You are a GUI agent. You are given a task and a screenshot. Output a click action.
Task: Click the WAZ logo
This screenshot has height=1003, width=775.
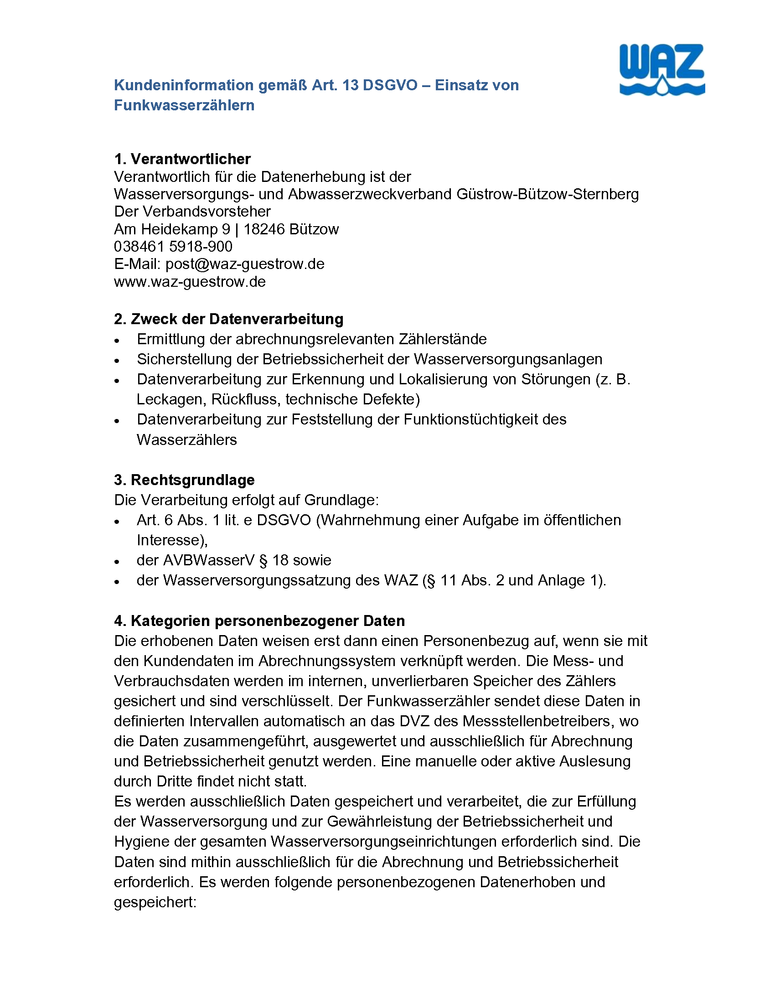[x=661, y=70]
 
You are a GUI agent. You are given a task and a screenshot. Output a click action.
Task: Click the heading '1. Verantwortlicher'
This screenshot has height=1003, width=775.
[x=182, y=159]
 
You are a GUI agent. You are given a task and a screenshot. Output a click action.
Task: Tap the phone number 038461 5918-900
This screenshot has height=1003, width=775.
[x=173, y=247]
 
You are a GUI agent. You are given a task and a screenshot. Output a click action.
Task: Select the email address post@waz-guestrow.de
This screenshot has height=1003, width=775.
[x=245, y=264]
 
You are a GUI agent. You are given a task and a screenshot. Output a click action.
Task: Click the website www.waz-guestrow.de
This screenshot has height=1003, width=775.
[x=190, y=281]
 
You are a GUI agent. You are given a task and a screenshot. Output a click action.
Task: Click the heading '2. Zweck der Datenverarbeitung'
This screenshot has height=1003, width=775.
[x=228, y=319]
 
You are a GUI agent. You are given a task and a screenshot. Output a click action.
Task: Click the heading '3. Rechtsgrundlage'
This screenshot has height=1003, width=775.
[x=184, y=480]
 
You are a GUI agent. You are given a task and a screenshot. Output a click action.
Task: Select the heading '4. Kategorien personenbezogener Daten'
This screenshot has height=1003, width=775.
[x=259, y=621]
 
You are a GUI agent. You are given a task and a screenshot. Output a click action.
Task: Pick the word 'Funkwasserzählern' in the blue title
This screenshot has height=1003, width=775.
[x=184, y=105]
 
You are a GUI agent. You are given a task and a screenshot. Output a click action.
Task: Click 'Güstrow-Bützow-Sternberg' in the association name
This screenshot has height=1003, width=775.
[x=547, y=194]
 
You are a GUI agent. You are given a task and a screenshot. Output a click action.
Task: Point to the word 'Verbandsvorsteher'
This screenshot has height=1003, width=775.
[x=207, y=212]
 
